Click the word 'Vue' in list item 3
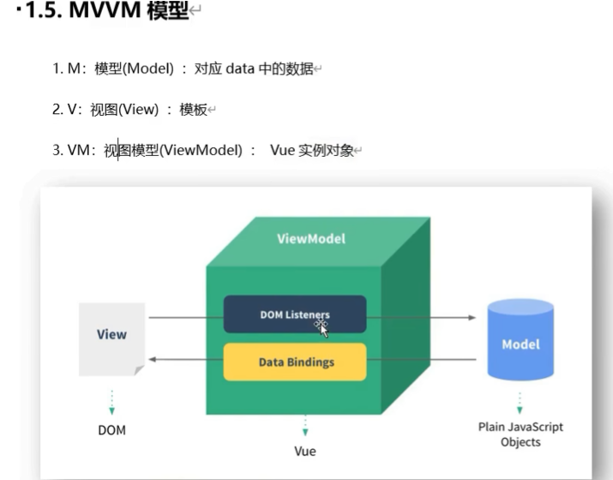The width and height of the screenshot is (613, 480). pyautogui.click(x=283, y=151)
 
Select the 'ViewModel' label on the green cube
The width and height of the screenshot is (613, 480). pyautogui.click(x=311, y=238)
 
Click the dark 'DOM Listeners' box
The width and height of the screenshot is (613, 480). pyautogui.click(x=295, y=315)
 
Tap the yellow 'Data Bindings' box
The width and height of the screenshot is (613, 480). pyautogui.click(x=295, y=362)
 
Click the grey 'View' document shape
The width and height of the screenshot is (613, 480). pyautogui.click(x=111, y=337)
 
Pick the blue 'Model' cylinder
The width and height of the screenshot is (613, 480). pyautogui.click(x=520, y=343)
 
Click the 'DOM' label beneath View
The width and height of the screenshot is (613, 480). pyautogui.click(x=111, y=430)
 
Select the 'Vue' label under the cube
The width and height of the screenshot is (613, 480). pyautogui.click(x=304, y=450)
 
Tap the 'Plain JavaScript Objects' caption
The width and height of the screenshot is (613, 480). pyautogui.click(x=520, y=434)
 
